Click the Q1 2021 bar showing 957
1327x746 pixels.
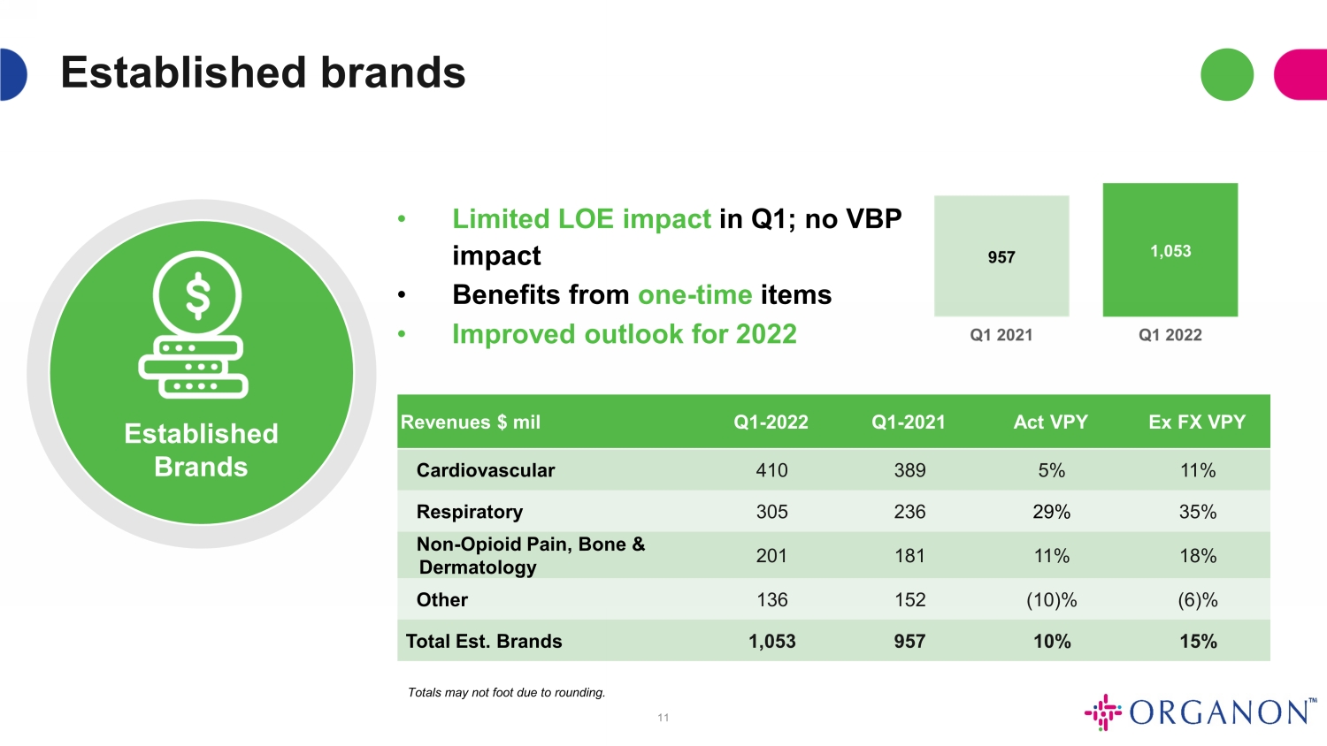[x=1001, y=255]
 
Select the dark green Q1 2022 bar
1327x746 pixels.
[x=1170, y=250]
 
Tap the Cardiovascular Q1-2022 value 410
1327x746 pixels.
[x=771, y=470]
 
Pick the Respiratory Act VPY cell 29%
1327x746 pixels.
[x=1052, y=512]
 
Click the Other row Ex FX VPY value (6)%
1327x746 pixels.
[x=1197, y=600]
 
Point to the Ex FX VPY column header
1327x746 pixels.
[x=1197, y=422]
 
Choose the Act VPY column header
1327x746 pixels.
[x=1050, y=422]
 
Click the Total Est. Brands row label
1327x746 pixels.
[x=483, y=641]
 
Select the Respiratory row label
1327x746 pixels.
[x=469, y=512]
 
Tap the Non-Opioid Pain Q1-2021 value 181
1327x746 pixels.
[x=909, y=555]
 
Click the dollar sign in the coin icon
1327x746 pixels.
[x=197, y=294]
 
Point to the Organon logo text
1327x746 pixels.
[x=1218, y=712]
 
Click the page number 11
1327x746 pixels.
[x=663, y=718]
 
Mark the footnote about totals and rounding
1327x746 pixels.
[x=507, y=692]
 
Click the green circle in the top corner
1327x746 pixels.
[x=1227, y=74]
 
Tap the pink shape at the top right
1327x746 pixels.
[x=1301, y=74]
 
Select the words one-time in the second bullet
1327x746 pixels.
[x=694, y=294]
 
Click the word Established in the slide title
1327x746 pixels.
[x=183, y=72]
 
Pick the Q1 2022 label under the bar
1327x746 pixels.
[x=1170, y=335]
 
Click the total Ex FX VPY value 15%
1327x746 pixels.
[x=1198, y=641]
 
